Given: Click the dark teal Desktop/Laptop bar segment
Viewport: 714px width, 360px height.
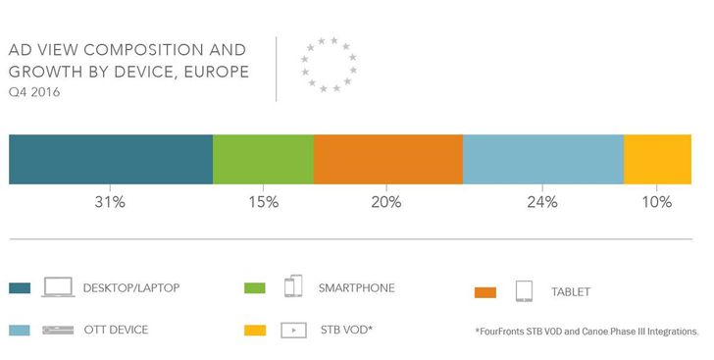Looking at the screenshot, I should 110,159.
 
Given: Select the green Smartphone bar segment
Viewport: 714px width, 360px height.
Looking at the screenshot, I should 263,159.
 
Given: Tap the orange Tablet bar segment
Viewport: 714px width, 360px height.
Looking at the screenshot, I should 387,159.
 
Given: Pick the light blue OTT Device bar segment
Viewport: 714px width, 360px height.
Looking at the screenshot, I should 542,159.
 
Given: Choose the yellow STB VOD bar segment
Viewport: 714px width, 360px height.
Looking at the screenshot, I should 657,159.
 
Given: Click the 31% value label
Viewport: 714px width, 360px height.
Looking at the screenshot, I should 109,203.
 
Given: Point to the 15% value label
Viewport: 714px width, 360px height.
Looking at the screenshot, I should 263,203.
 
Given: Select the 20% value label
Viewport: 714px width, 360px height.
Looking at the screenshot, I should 386,203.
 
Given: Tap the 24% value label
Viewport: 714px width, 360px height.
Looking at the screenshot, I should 541,203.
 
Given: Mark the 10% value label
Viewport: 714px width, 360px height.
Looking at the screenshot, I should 657,203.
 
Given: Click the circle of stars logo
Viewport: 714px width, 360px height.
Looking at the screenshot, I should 329,65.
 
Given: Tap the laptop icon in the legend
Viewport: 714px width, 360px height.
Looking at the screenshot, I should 58,288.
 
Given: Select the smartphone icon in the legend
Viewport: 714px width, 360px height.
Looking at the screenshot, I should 293,287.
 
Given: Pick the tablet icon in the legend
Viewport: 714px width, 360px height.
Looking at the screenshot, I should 524,291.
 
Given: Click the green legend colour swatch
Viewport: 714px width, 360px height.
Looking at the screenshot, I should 253,289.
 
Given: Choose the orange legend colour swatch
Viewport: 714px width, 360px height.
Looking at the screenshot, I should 485,292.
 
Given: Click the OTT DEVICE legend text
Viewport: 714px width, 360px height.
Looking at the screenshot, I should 116,330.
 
